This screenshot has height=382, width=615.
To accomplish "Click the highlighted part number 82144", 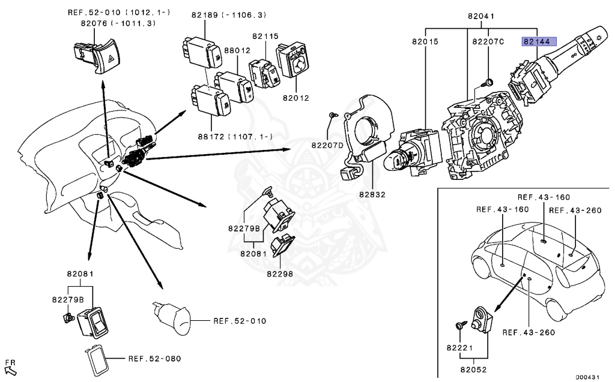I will coord(539,42).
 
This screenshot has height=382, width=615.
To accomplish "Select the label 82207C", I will coord(488,42).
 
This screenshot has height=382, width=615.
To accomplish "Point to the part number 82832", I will coord(372,194).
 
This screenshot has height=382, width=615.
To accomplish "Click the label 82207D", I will coord(327,145).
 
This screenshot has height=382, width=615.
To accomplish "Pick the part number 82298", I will coord(280,273).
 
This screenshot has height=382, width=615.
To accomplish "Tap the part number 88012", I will coord(237,51).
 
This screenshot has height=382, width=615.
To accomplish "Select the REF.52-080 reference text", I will coord(154,359).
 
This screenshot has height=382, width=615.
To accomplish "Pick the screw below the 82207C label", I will coord(488,80).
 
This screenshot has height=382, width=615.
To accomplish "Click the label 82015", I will coord(425,42).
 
